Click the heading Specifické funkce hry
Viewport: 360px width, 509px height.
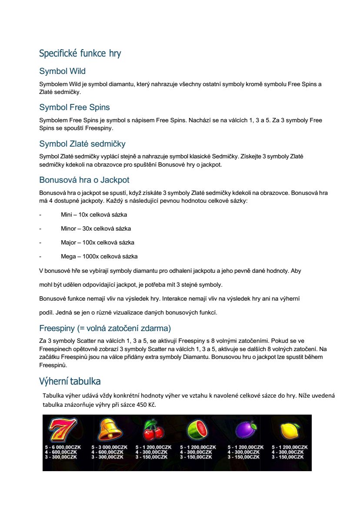click(x=80, y=54)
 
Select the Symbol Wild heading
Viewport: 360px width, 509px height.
click(x=62, y=71)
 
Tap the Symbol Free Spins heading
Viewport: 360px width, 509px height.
click(x=74, y=107)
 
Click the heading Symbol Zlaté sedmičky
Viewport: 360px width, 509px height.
click(x=82, y=144)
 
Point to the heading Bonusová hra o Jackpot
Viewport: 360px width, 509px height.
click(x=84, y=180)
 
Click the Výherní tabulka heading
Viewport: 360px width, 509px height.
click(x=70, y=382)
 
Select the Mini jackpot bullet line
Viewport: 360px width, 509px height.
click(x=94, y=214)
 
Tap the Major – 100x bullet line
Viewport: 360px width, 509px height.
click(x=97, y=242)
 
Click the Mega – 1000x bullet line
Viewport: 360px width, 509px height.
click(x=99, y=256)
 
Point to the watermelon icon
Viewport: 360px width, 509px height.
click(x=197, y=430)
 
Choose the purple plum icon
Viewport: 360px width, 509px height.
click(x=245, y=430)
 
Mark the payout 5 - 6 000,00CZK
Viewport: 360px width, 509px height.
click(x=63, y=447)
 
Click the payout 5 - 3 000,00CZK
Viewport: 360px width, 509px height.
click(x=107, y=447)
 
